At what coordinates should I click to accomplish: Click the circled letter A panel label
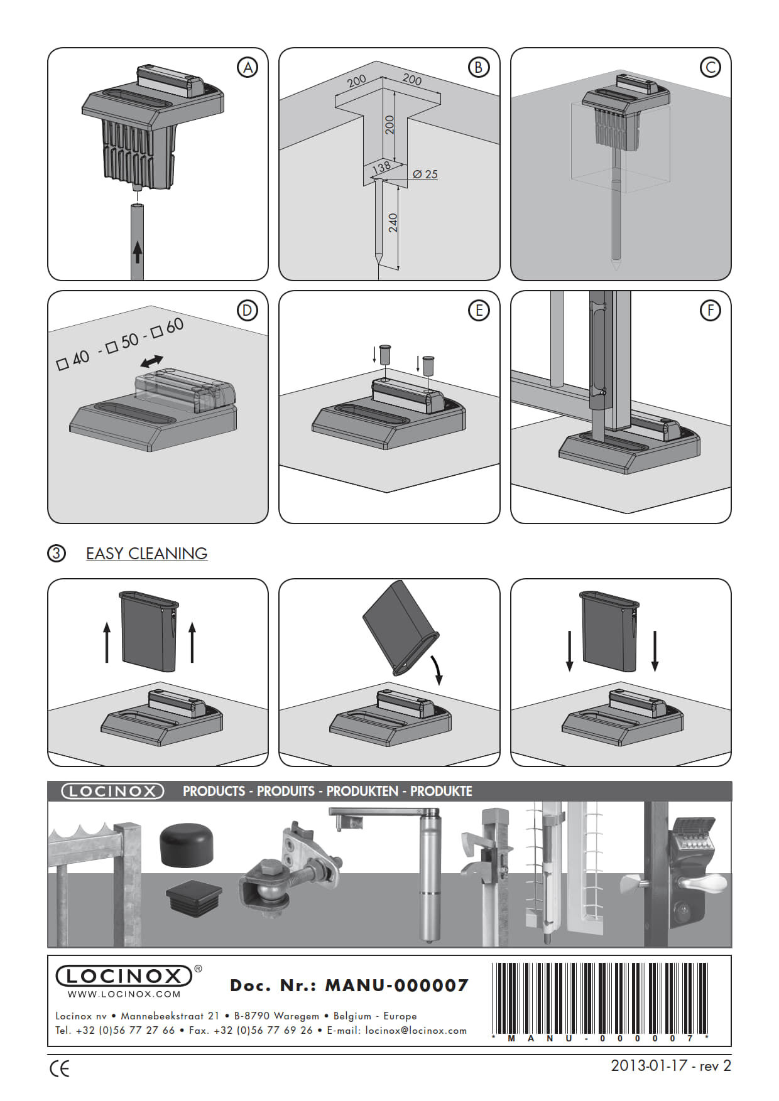(248, 68)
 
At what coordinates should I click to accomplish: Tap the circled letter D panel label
(248, 311)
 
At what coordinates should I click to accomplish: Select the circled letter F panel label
(710, 311)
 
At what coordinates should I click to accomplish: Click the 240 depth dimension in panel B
(393, 223)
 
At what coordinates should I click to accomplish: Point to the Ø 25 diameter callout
(425, 175)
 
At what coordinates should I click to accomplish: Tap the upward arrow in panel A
(138, 252)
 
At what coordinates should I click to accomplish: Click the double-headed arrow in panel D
(151, 362)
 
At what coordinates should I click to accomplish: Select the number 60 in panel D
(175, 325)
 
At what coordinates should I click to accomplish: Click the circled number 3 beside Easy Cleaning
(57, 554)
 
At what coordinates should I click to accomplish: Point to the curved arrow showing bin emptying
(435, 669)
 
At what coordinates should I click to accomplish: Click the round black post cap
(187, 844)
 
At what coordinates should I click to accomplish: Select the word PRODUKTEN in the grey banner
(362, 791)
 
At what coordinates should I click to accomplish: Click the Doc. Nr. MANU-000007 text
(349, 986)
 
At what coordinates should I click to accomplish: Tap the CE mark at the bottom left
(60, 1069)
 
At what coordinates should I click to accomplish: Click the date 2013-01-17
(649, 1066)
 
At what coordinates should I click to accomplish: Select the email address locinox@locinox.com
(416, 1030)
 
